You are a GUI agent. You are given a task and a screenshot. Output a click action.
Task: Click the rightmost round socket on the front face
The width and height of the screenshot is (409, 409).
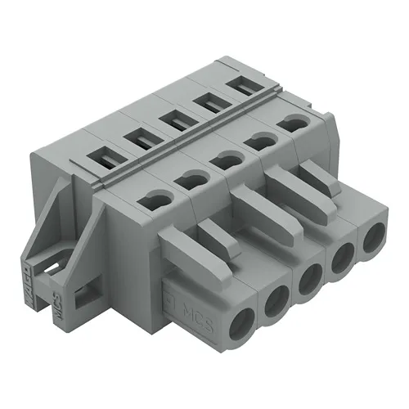click(370, 238)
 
